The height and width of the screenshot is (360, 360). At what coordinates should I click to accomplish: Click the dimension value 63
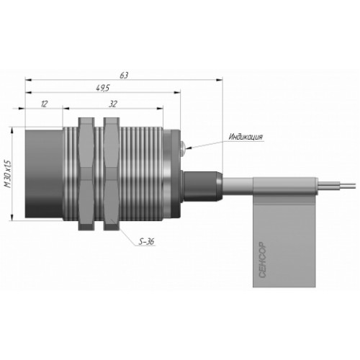pos(124,76)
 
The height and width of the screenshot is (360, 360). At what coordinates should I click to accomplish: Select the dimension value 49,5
pos(103,89)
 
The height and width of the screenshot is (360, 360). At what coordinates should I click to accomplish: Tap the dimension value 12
pos(45,104)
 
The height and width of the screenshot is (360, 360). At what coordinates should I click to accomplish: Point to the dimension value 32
pos(113,104)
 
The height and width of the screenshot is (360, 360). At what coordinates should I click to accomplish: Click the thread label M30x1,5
pos(8,174)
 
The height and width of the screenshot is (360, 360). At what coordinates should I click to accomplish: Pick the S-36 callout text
pos(147,242)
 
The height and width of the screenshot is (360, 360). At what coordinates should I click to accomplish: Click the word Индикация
pos(246,137)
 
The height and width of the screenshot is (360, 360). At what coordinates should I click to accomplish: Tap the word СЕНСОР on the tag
pos(263,260)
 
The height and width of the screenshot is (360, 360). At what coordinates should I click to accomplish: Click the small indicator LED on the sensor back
pos(183,146)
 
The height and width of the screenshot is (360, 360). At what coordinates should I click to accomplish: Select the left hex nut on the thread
pos(86,174)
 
